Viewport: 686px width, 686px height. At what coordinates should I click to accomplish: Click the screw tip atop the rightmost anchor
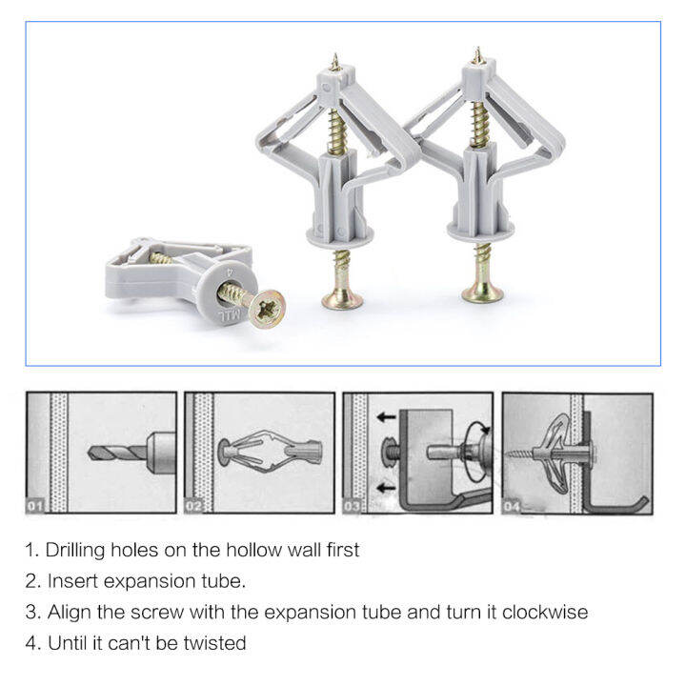[x=475, y=54]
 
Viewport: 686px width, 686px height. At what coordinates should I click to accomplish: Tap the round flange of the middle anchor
[x=335, y=232]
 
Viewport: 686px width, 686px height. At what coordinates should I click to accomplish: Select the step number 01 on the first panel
[x=34, y=506]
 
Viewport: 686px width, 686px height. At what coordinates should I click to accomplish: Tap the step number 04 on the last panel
[x=514, y=506]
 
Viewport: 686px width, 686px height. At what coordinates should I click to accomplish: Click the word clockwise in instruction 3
[x=546, y=612]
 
